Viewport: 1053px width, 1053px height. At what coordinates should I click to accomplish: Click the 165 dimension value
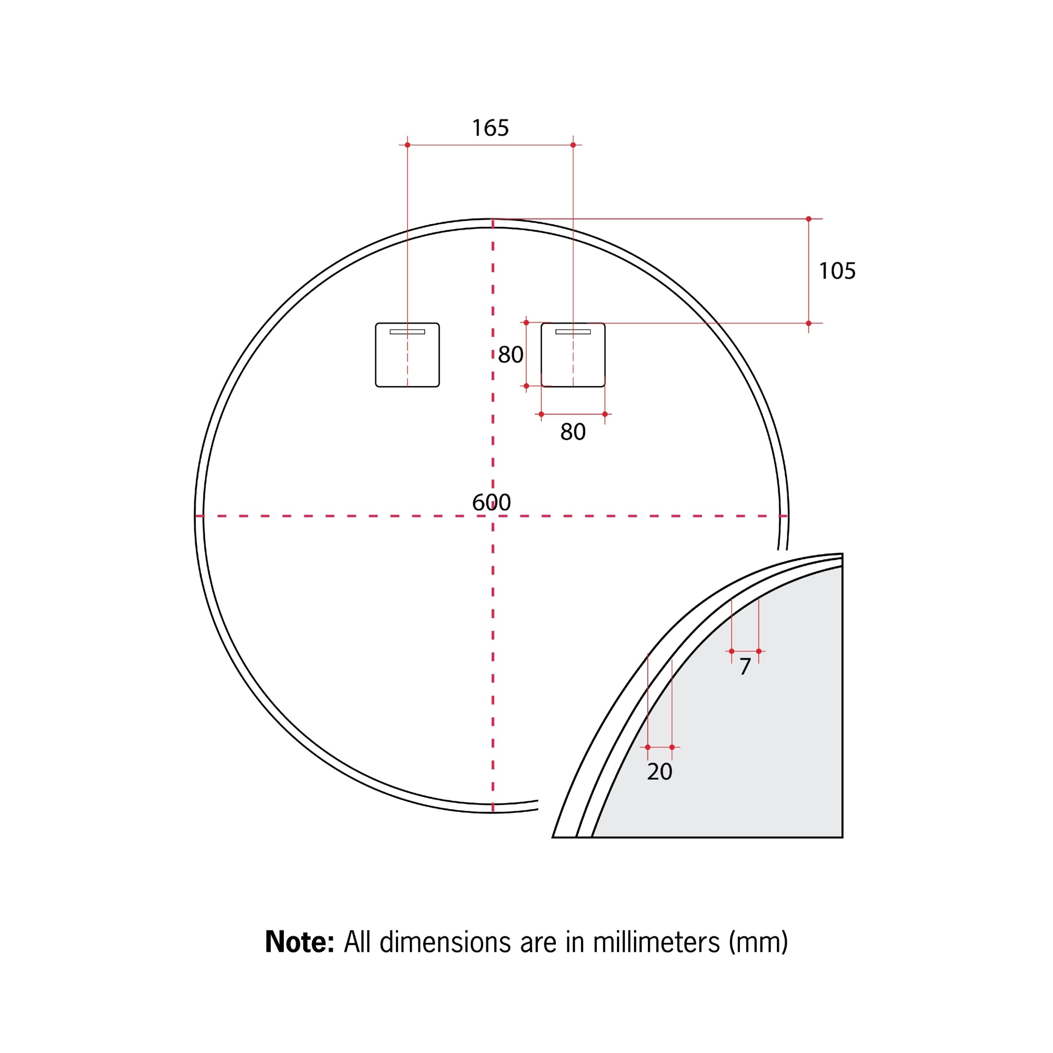(490, 128)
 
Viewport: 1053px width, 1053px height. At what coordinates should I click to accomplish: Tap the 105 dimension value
(837, 271)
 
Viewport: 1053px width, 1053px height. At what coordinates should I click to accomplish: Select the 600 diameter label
(491, 502)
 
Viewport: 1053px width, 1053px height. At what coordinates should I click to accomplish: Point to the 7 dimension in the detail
(745, 666)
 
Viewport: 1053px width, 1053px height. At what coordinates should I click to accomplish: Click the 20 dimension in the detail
(660, 771)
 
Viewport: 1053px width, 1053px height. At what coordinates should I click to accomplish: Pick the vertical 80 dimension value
(511, 355)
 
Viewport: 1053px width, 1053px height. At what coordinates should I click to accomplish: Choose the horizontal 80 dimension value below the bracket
(573, 432)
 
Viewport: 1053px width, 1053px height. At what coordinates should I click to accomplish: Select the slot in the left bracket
(407, 332)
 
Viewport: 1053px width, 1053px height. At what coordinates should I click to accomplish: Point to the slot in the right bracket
(573, 332)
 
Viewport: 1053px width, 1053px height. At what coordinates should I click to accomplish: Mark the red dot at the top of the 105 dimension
(808, 219)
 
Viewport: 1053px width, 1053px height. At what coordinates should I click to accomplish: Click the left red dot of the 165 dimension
(407, 145)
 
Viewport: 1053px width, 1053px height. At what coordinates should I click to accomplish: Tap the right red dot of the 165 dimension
(573, 145)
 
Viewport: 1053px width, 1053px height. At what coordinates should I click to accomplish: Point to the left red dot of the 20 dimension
(647, 747)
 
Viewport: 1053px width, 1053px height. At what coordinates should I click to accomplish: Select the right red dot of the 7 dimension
(759, 651)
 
